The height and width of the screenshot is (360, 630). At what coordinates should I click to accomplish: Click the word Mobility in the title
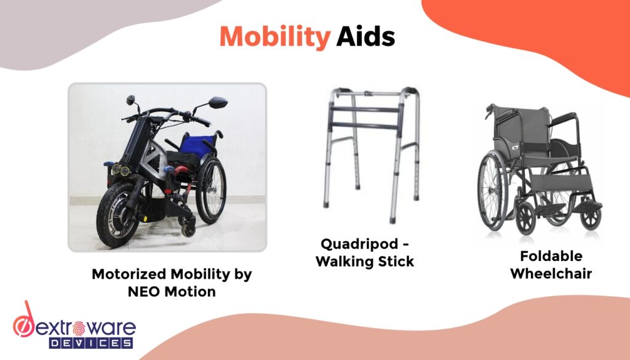274,38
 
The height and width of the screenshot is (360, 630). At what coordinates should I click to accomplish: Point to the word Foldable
542,256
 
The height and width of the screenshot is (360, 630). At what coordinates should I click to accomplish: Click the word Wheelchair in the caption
542,273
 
